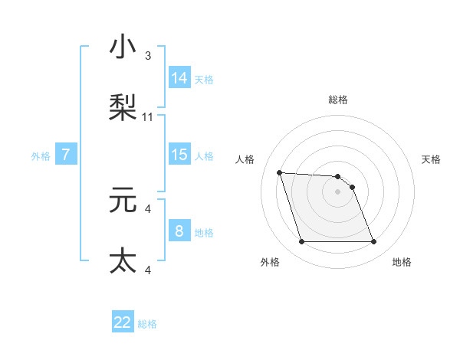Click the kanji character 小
pyautogui.click(x=123, y=47)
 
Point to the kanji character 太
pyautogui.click(x=123, y=260)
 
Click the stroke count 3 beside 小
pyautogui.click(x=147, y=56)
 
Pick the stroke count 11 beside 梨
pyautogui.click(x=148, y=117)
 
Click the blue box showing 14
pyautogui.click(x=179, y=77)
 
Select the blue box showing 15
pyautogui.click(x=179, y=154)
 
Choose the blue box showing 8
pyautogui.click(x=179, y=231)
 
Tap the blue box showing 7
pyautogui.click(x=66, y=155)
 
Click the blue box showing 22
pyautogui.click(x=123, y=322)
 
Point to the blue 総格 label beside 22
pyautogui.click(x=147, y=324)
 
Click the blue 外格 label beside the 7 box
pyautogui.click(x=41, y=155)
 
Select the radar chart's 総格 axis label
pyautogui.click(x=338, y=100)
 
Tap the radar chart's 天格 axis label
pyautogui.click(x=431, y=159)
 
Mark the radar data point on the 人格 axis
pyautogui.click(x=280, y=172)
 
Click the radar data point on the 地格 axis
pyautogui.click(x=373, y=242)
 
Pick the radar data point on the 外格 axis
pyautogui.click(x=301, y=242)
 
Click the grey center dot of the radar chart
pyautogui.click(x=338, y=191)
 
